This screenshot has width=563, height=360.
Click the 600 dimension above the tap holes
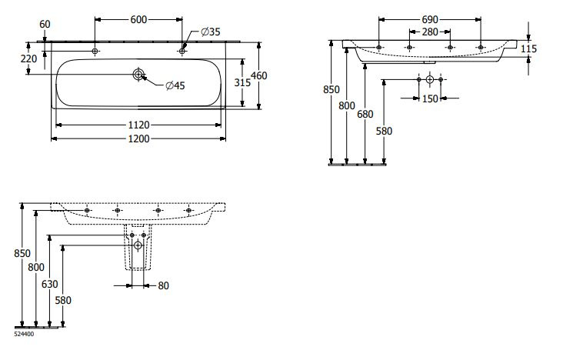139,19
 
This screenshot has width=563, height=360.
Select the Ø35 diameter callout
211,32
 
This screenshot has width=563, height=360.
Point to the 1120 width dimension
139,123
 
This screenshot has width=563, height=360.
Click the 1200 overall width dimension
139,138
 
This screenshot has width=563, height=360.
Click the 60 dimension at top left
45,25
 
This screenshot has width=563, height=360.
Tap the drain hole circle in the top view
138,75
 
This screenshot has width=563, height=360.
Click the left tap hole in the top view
95,51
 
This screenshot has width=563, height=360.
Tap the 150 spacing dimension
429,98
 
